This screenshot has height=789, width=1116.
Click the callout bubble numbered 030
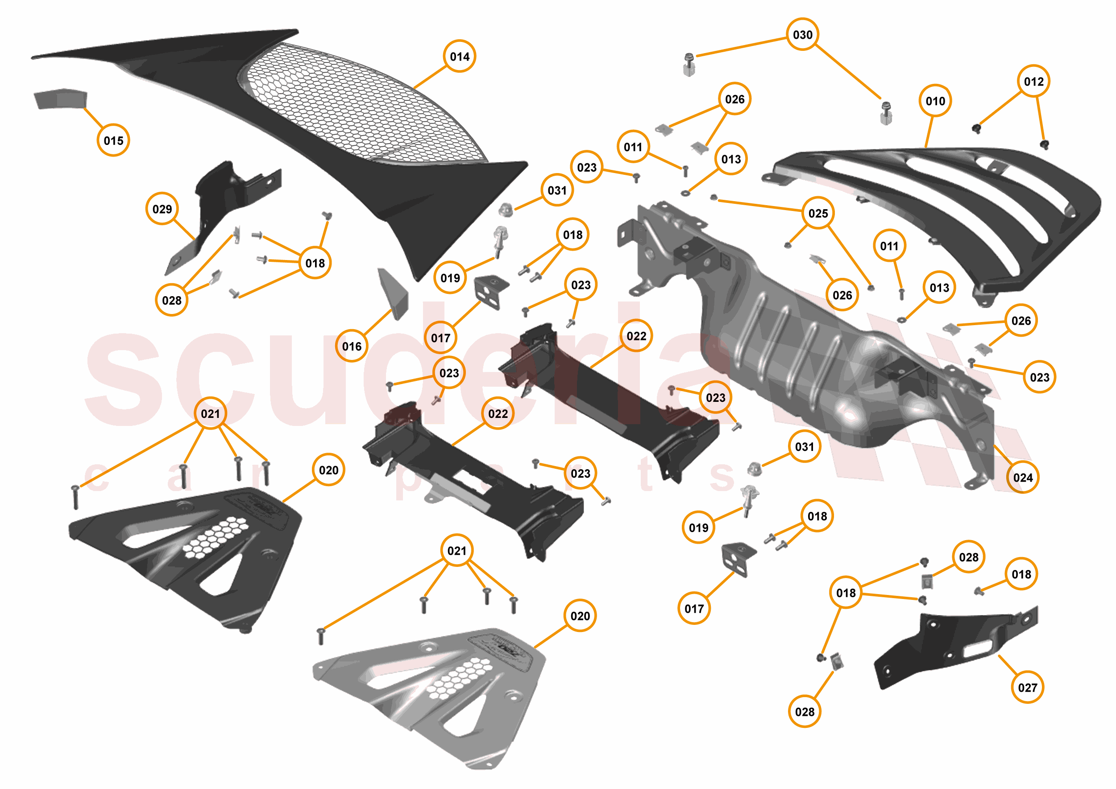point(802,34)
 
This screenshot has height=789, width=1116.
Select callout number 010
point(935,101)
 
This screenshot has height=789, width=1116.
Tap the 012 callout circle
point(1033,81)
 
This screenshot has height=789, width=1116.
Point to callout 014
point(459,56)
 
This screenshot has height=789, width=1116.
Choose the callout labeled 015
point(113,140)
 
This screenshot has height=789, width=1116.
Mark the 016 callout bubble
point(352,346)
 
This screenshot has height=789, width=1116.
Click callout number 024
point(1023,478)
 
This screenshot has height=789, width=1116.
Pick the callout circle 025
point(818,213)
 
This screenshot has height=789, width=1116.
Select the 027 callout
point(1028,687)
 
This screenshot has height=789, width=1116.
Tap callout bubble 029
point(162,209)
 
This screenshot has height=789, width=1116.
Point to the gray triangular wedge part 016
point(394,294)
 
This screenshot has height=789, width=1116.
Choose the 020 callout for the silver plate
point(580,616)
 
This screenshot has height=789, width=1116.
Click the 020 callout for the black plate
point(328,470)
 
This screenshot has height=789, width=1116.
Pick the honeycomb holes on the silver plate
point(459,678)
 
